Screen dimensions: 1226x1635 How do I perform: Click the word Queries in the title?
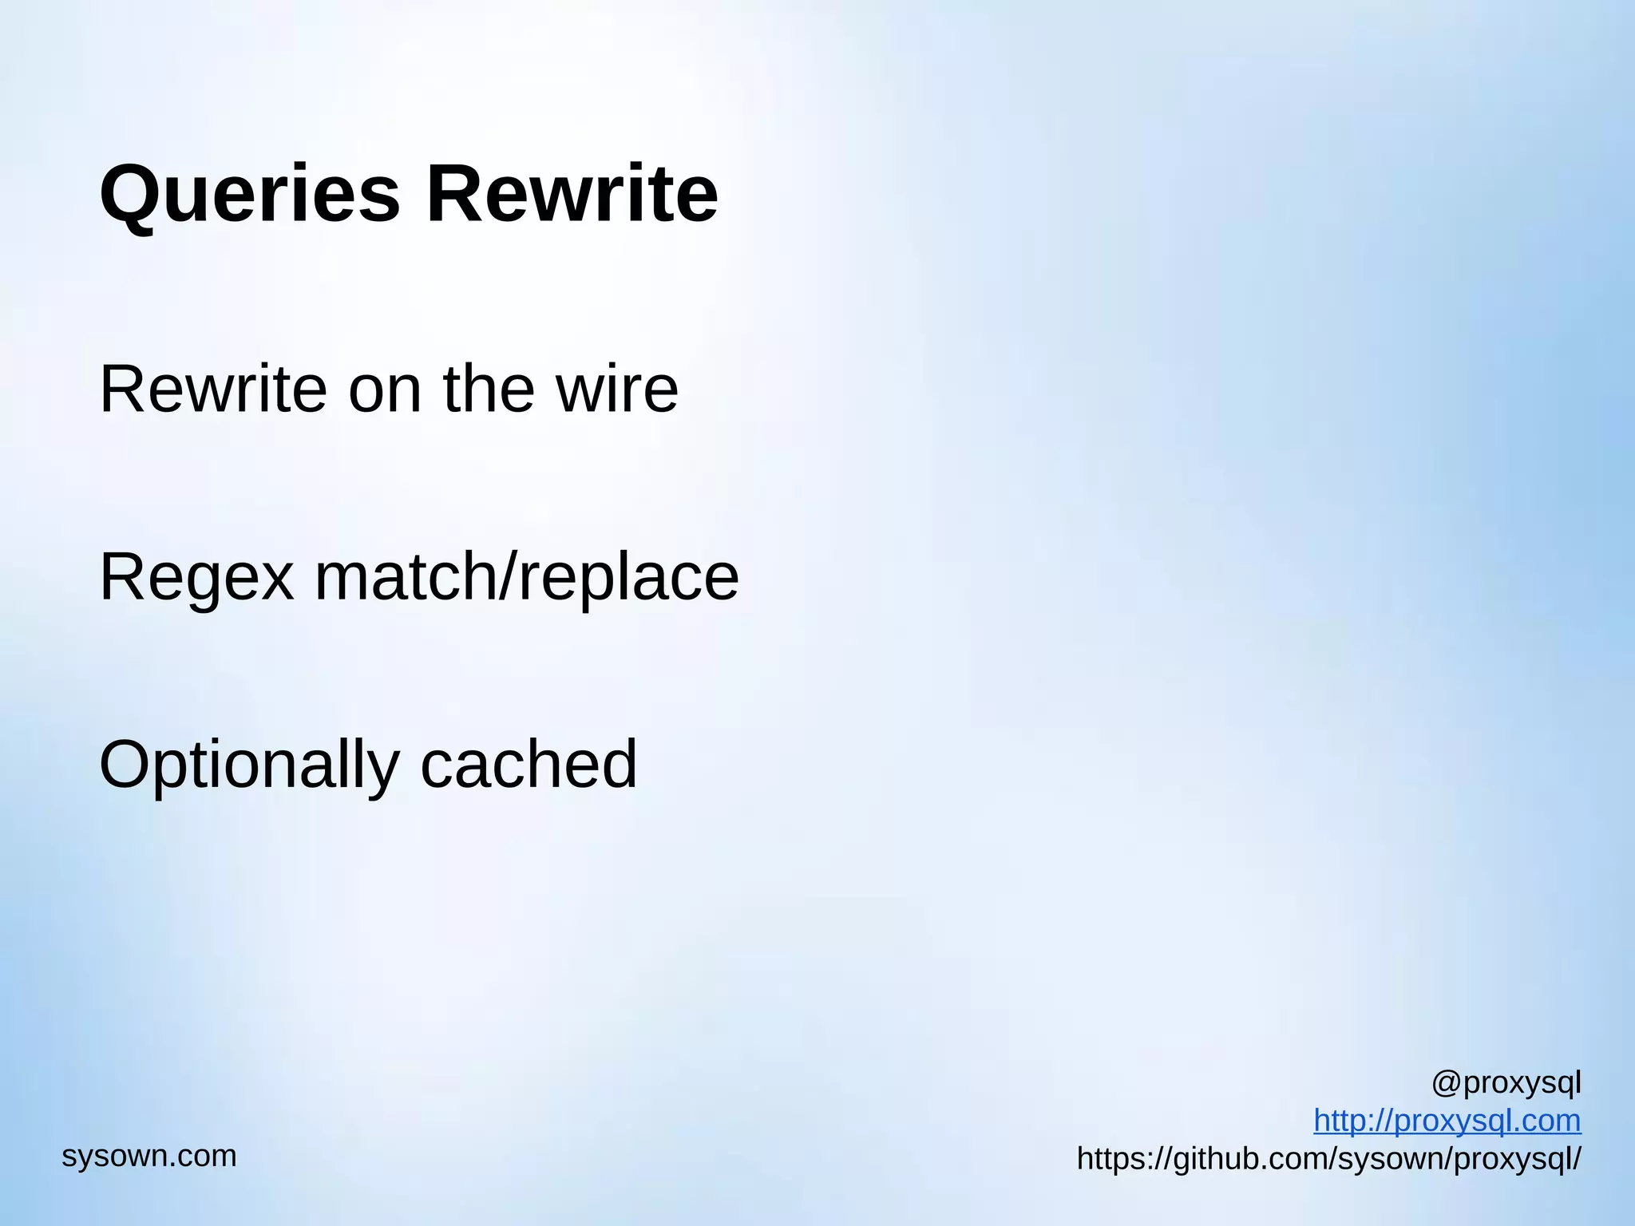[249, 195]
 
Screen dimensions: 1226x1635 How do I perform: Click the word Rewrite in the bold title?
[572, 195]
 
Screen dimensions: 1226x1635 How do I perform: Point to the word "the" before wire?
[489, 389]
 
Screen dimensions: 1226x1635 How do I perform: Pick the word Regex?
[196, 577]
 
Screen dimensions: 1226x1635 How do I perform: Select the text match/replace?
[527, 577]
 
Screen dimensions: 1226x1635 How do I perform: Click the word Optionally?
[248, 765]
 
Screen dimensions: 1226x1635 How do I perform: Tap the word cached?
[529, 765]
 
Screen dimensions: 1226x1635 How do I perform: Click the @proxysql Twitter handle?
[1506, 1083]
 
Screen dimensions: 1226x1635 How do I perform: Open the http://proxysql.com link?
[1447, 1121]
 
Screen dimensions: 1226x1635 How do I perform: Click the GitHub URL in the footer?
[1328, 1159]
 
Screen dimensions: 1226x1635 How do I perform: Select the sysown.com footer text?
[149, 1156]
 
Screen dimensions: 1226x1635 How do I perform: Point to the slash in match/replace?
[509, 577]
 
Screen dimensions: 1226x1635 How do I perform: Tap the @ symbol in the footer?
[1446, 1083]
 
